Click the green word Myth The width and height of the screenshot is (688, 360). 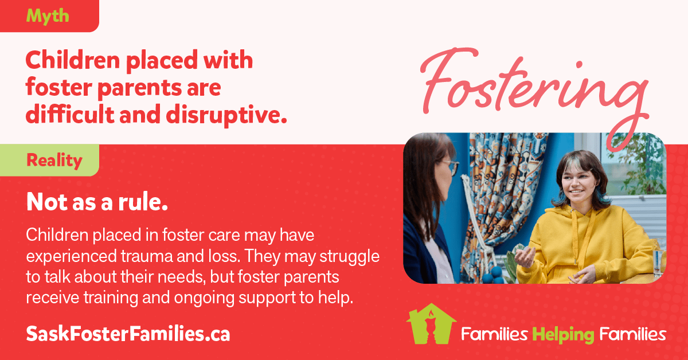coord(48,16)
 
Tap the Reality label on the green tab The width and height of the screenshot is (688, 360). coord(54,161)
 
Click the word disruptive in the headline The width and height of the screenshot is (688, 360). coord(226,115)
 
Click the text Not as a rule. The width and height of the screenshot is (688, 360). coord(97,202)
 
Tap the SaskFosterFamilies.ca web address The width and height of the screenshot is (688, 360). coord(128,334)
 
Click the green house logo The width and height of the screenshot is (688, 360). coord(431,324)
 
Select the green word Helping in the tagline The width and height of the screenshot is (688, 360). coord(563,335)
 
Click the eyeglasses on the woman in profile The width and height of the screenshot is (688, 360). coord(452,167)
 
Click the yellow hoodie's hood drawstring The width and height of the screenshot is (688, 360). coord(574,237)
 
